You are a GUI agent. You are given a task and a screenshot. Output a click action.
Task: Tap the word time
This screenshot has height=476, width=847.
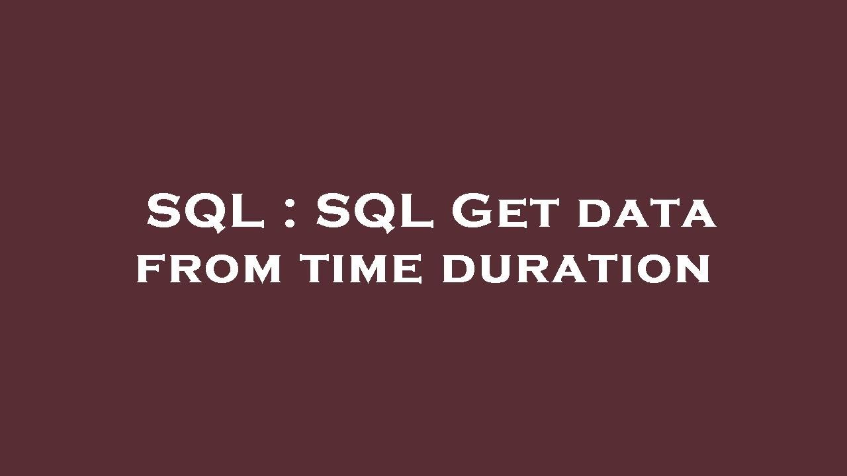[361, 270]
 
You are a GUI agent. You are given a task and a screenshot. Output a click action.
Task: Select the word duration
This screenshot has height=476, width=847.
[576, 270]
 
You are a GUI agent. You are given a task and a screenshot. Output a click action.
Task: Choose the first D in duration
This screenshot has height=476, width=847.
[460, 270]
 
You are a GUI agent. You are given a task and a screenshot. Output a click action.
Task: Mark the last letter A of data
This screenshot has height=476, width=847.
[699, 215]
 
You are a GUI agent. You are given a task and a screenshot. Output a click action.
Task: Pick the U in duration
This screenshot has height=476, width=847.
[498, 270]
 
